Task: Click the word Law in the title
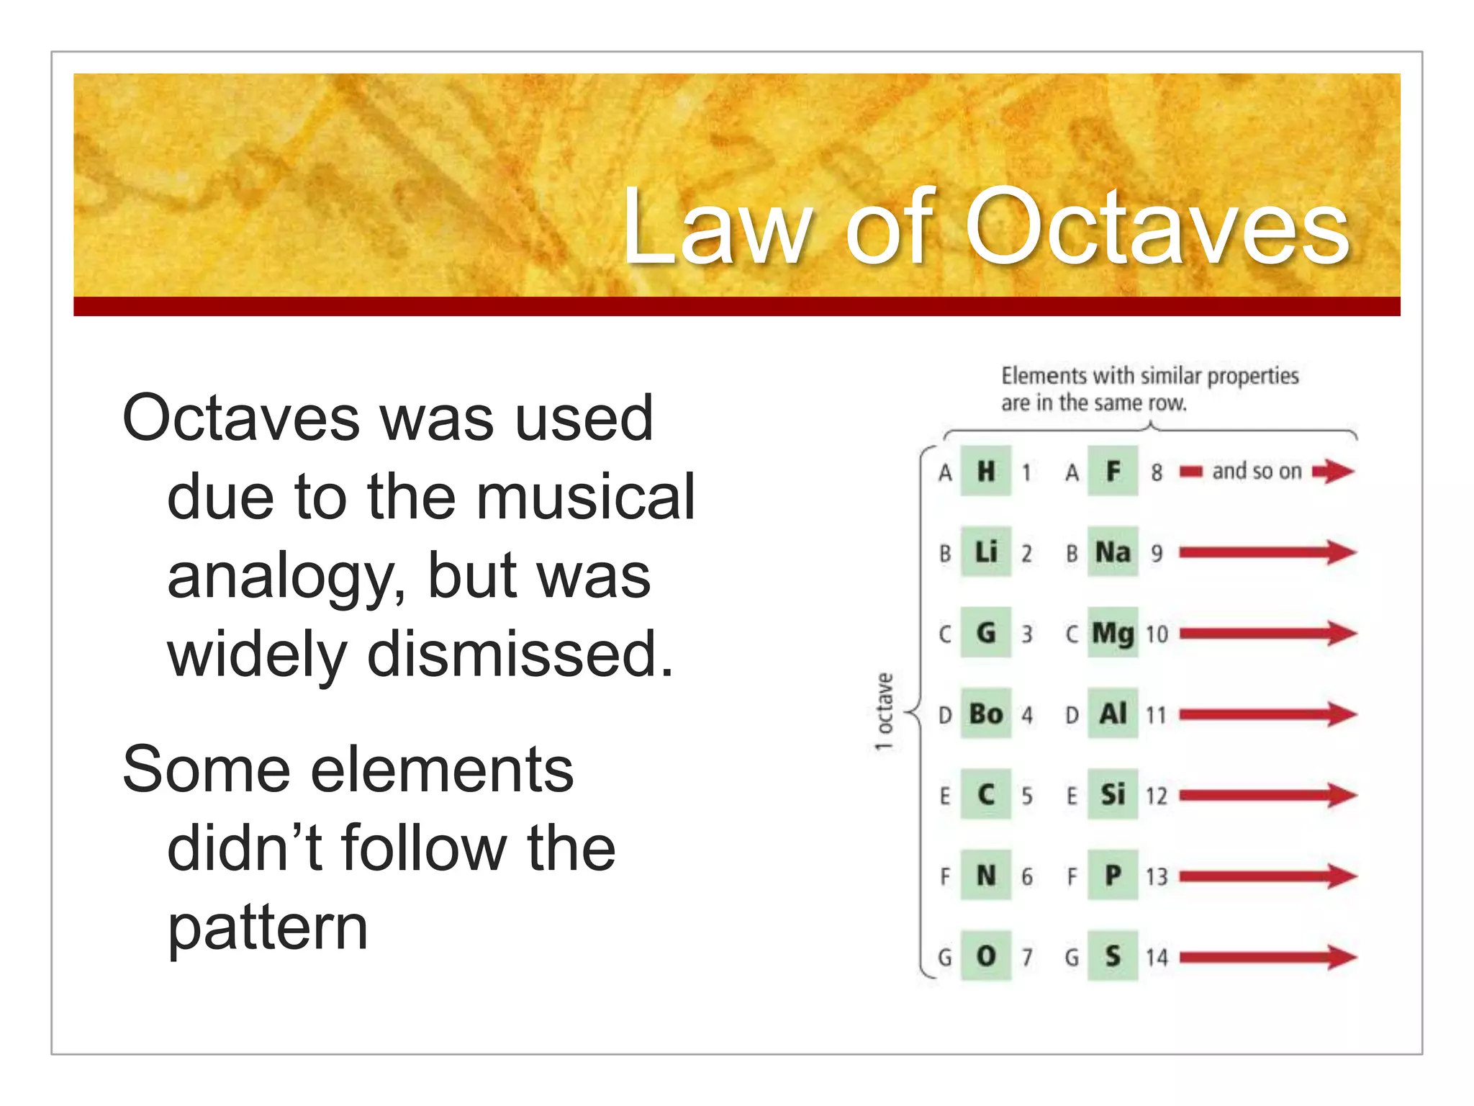[x=715, y=227]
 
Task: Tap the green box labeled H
[x=986, y=472]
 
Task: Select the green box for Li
[x=986, y=552]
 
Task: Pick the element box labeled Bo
[x=986, y=714]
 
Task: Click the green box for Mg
[x=1113, y=634]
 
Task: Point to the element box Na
[x=1113, y=552]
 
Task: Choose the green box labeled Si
[x=1113, y=795]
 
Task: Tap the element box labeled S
[x=1113, y=956]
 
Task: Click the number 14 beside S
[x=1157, y=958]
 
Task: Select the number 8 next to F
[x=1157, y=472]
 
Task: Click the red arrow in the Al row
[x=1267, y=714]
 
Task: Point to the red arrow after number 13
[x=1267, y=876]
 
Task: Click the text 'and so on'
[x=1257, y=472]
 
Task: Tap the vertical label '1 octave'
[x=885, y=712]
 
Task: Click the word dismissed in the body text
[x=520, y=654]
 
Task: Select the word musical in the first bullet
[x=585, y=497]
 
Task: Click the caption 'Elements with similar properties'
[x=1149, y=376]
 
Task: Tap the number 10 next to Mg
[x=1157, y=634]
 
